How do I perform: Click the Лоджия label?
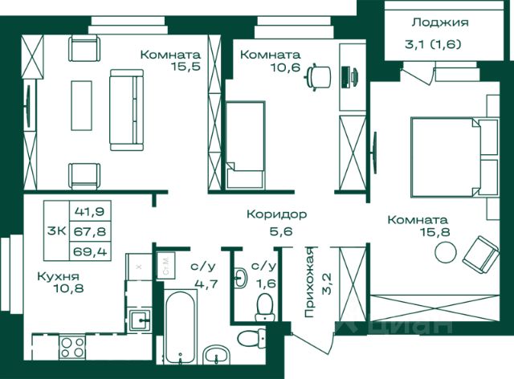(x=440, y=22)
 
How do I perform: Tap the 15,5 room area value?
(x=186, y=67)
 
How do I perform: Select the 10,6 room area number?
(x=285, y=67)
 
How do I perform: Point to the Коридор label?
(x=276, y=214)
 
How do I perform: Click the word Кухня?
(x=59, y=276)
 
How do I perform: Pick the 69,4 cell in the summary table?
(x=90, y=251)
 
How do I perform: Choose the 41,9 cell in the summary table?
(x=89, y=211)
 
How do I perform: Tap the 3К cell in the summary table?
(x=57, y=230)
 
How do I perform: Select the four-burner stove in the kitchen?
(x=72, y=347)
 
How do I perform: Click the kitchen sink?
(x=140, y=320)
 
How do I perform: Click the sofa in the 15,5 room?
(x=127, y=110)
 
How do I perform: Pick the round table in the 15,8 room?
(x=446, y=252)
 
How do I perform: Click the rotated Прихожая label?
(x=310, y=283)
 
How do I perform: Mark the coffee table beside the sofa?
(x=81, y=105)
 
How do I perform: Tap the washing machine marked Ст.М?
(x=166, y=265)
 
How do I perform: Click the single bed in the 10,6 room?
(x=245, y=145)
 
